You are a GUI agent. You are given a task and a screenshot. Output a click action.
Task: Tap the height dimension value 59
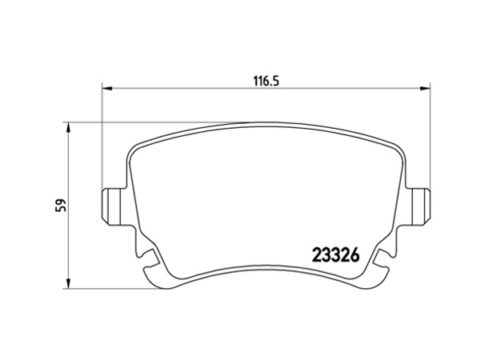pyautogui.click(x=60, y=205)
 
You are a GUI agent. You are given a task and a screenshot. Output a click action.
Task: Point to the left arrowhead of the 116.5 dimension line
pyautogui.click(x=106, y=90)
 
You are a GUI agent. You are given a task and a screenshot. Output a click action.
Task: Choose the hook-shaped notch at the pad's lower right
pyautogui.click(x=379, y=257)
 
